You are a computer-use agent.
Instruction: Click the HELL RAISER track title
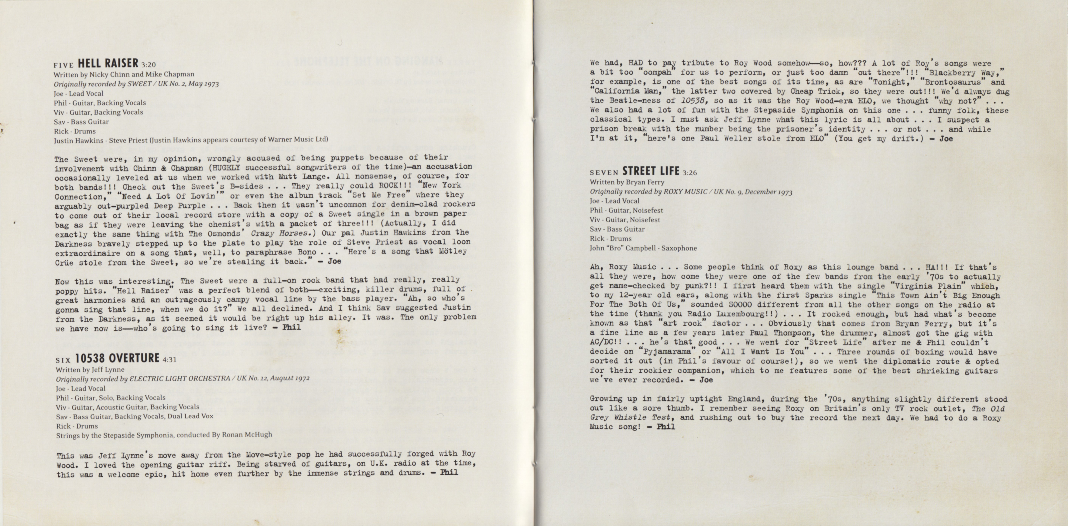coord(108,63)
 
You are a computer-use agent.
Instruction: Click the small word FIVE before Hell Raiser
coord(63,65)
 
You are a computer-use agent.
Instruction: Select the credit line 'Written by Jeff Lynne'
coord(90,369)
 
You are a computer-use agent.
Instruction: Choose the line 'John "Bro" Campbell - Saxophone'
coord(643,248)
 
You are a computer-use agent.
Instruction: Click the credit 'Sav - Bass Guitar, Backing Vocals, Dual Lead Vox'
coord(134,416)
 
